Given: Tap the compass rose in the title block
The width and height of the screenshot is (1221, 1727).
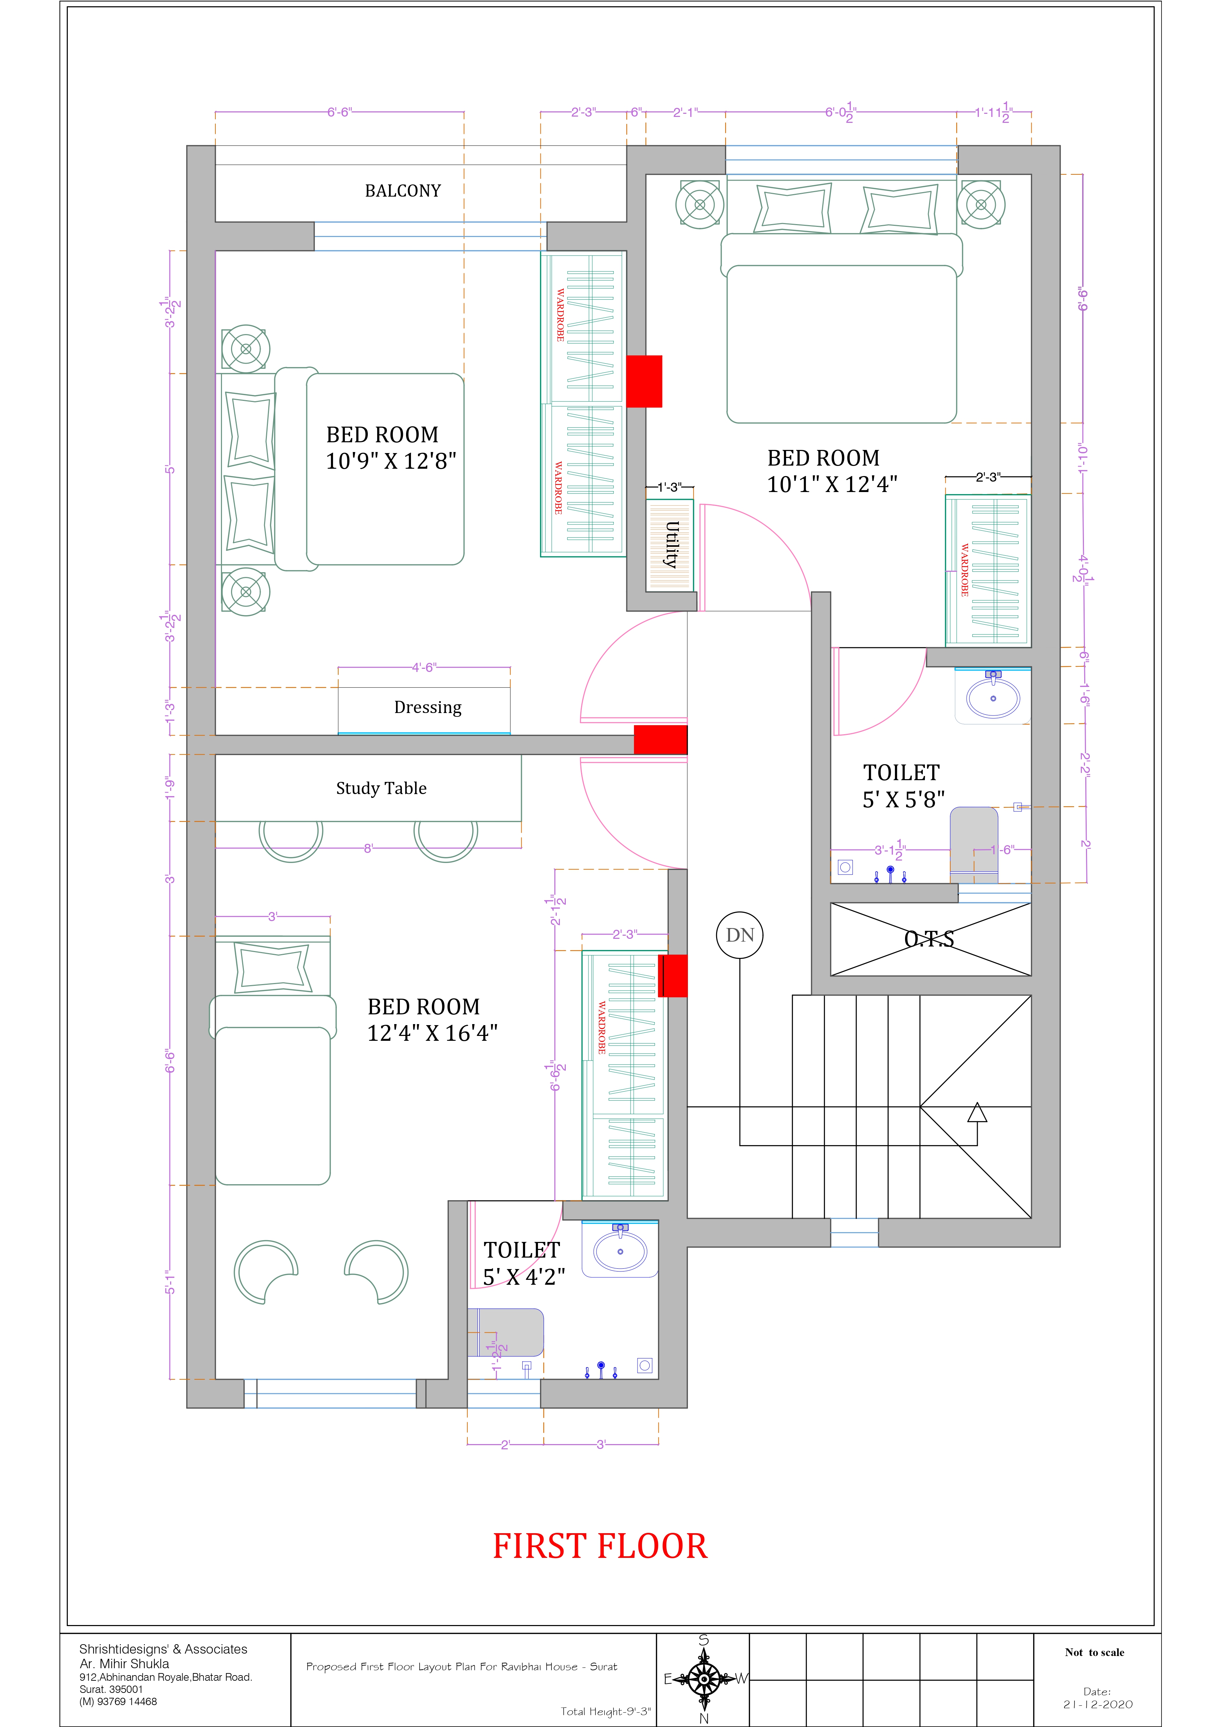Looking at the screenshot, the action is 704,1679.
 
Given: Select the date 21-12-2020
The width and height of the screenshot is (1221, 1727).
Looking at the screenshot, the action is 1097,1704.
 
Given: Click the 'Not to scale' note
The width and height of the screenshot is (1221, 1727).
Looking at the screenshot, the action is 1095,1653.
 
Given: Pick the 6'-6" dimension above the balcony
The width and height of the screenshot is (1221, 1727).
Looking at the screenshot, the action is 339,112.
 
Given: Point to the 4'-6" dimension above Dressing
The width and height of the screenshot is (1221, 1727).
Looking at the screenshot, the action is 423,667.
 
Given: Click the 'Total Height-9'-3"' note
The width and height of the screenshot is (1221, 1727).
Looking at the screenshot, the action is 605,1711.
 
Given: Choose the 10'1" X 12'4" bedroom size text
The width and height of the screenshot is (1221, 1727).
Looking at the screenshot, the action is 832,484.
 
